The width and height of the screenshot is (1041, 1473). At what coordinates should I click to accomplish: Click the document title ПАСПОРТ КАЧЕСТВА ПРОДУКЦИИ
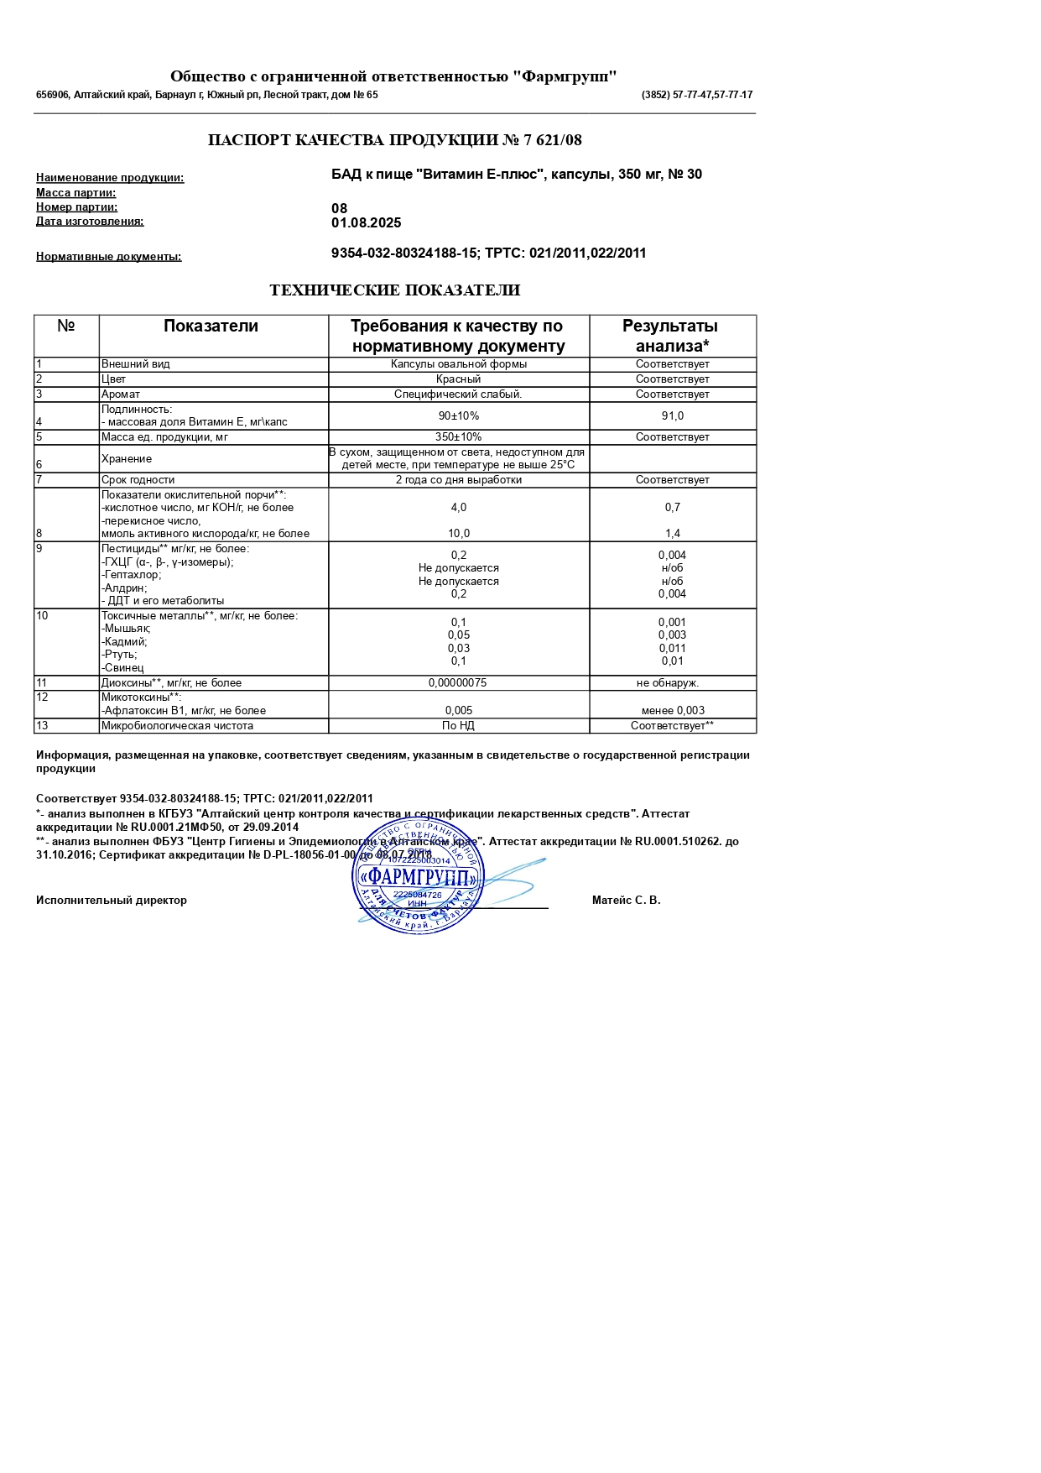click(x=394, y=140)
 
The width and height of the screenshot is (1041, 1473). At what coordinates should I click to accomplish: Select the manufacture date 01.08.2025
click(x=367, y=223)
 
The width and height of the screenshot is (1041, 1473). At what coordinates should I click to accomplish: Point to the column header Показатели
click(x=211, y=326)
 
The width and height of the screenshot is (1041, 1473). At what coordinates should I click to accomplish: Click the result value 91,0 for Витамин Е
click(x=672, y=416)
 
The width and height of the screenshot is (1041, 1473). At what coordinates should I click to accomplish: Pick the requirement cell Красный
click(x=458, y=379)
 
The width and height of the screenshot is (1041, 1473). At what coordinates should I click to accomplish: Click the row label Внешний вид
click(x=136, y=364)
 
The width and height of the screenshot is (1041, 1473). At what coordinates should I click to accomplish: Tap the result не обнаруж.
click(x=668, y=683)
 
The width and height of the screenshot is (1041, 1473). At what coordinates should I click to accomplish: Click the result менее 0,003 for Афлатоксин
click(x=673, y=711)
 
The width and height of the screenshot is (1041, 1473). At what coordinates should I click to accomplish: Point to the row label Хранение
click(x=127, y=459)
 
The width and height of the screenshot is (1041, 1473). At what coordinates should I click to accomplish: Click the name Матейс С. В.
click(x=626, y=901)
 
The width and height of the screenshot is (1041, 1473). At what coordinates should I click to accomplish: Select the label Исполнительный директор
click(x=112, y=901)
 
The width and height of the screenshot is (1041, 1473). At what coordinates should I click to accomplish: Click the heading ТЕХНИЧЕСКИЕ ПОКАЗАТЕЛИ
click(x=394, y=290)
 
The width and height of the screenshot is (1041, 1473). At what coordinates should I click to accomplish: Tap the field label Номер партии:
click(x=76, y=207)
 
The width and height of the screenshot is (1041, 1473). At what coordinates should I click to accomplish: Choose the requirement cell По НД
click(x=458, y=726)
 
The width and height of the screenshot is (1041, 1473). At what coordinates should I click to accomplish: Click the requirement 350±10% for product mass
click(x=458, y=437)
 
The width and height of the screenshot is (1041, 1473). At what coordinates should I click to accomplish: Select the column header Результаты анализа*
click(x=671, y=336)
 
